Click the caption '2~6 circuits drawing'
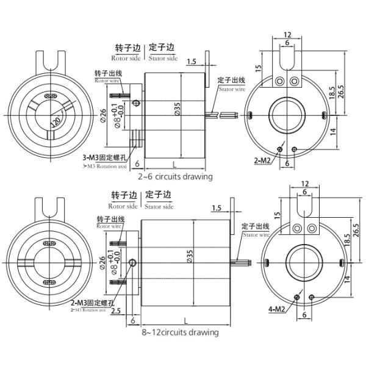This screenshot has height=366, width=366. pyautogui.click(x=174, y=177)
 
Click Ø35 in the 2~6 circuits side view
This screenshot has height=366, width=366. pyautogui.click(x=177, y=109)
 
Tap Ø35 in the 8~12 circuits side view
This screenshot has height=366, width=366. pyautogui.click(x=190, y=256)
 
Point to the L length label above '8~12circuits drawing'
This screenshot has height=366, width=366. pyautogui.click(x=184, y=320)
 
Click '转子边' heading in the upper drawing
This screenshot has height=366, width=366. pyautogui.click(x=127, y=48)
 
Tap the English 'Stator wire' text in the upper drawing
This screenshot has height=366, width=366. pyautogui.click(x=232, y=89)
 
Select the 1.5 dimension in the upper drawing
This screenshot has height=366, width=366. pyautogui.click(x=192, y=62)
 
